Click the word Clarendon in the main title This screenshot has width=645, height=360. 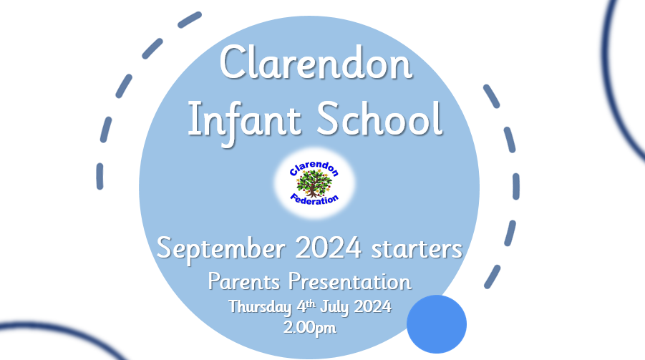click(316, 62)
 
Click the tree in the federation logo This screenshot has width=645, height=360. click(314, 184)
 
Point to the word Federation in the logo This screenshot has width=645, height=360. click(314, 200)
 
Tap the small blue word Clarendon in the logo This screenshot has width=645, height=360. click(314, 168)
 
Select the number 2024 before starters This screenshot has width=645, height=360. click(329, 248)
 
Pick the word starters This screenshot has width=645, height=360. click(417, 249)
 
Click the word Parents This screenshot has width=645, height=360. click(244, 282)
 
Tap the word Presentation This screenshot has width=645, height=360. click(349, 281)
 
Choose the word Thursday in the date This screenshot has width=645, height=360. click(260, 307)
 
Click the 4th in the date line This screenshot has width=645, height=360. click(306, 306)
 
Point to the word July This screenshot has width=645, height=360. click(335, 307)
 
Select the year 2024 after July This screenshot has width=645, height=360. click(373, 306)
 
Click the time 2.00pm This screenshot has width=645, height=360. click(310, 328)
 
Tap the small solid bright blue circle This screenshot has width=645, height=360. click(437, 324)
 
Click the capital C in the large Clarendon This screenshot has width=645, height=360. click(233, 62)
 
